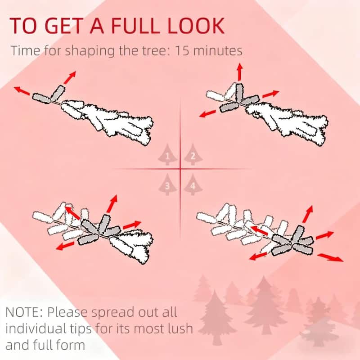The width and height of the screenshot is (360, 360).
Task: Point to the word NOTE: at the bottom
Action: pyautogui.click(x=24, y=312)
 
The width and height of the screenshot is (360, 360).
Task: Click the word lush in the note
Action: pyautogui.click(x=179, y=328)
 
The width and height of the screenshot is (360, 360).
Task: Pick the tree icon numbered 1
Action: pyautogui.click(x=167, y=154)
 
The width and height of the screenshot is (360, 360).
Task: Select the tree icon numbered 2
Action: pyautogui.click(x=193, y=154)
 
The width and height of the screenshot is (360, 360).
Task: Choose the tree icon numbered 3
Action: pyautogui.click(x=167, y=184)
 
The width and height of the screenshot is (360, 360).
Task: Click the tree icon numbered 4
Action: pyautogui.click(x=193, y=184)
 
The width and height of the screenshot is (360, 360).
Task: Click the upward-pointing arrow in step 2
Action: pyautogui.click(x=240, y=72)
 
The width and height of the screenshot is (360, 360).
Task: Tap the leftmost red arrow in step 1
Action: pyautogui.click(x=22, y=91)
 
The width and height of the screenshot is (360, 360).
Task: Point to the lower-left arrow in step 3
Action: pyautogui.click(x=65, y=246)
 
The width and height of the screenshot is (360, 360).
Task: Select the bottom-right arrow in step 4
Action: pyautogui.click(x=330, y=257)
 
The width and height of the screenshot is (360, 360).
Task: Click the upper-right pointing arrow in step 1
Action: pyautogui.click(x=70, y=77)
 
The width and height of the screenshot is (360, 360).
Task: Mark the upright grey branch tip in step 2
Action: pyautogui.click(x=239, y=93)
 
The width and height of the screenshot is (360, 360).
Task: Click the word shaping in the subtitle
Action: pyautogui.click(x=90, y=51)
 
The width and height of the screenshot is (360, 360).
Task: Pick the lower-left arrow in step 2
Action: pyautogui.click(x=207, y=114)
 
